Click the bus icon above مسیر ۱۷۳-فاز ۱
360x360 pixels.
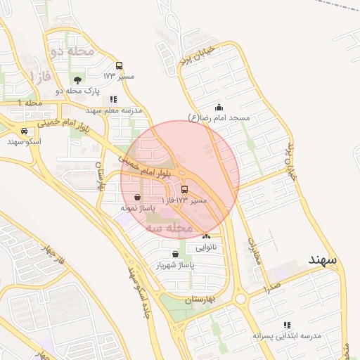[185, 189]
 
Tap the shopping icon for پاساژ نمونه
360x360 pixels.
[136, 197]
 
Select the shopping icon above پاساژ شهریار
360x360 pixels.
[175, 254]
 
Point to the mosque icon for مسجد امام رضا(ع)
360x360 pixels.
[219, 107]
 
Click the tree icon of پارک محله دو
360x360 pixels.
[77, 80]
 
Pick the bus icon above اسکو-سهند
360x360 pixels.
[25, 131]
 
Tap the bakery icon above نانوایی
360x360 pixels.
[206, 236]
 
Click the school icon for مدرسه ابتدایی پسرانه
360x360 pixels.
[287, 325]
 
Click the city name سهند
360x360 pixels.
[323, 259]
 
